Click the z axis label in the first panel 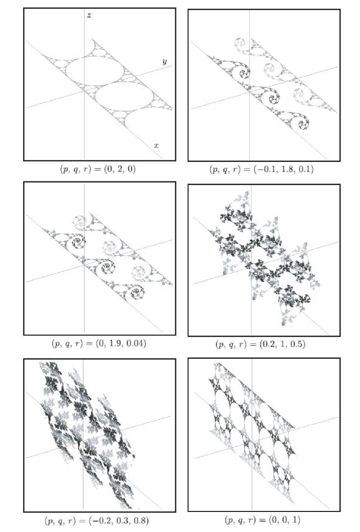89,15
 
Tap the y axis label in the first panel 164,61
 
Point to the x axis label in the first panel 156,145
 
